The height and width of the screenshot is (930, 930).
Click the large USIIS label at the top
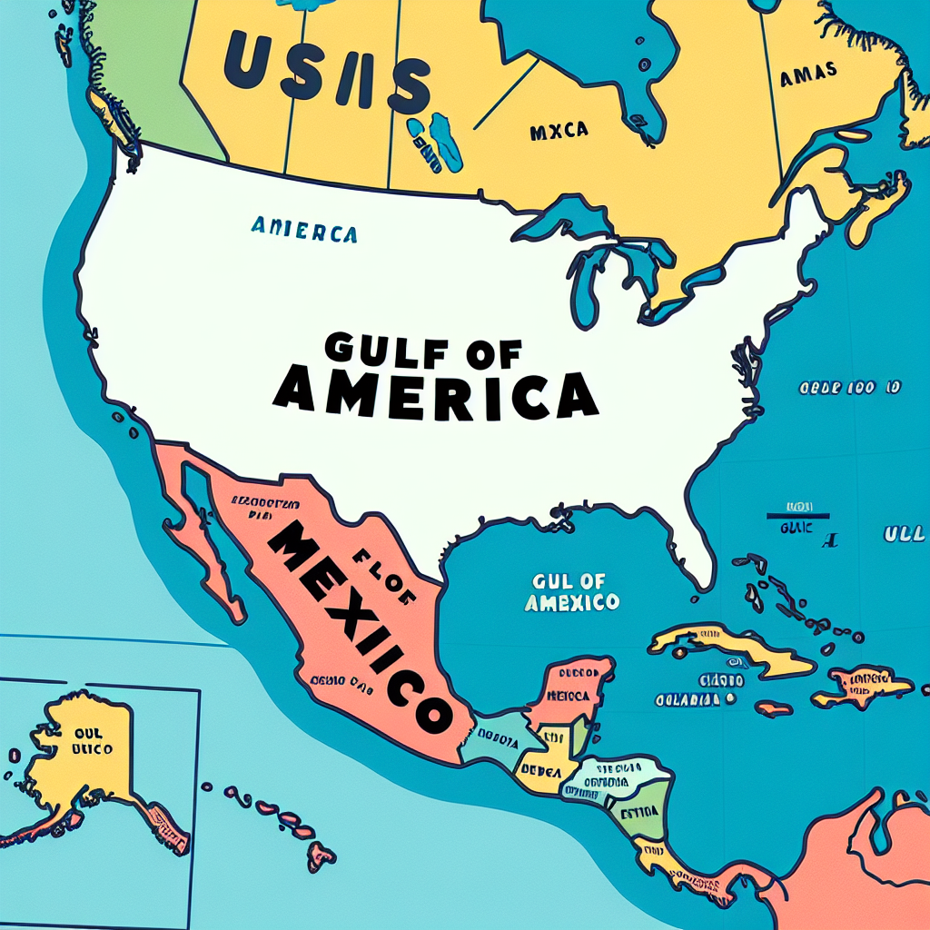(x=326, y=73)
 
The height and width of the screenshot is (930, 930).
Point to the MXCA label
(x=558, y=131)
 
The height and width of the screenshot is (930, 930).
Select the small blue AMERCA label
(x=302, y=231)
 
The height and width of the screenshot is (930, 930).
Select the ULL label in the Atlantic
(x=904, y=535)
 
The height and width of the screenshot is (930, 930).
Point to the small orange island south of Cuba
(x=774, y=707)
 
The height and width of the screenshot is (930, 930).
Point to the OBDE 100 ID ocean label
(x=849, y=388)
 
